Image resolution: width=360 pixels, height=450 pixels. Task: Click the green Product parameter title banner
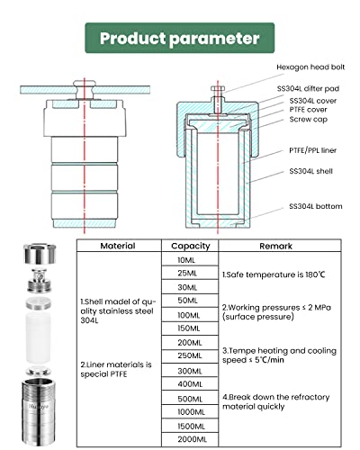[180, 39]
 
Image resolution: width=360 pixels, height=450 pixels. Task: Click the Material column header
[118, 246]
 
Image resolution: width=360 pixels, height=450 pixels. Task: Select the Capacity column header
[190, 246]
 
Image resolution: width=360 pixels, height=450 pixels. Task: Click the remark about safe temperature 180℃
[274, 274]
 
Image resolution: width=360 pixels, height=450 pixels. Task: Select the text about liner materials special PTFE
[118, 369]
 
